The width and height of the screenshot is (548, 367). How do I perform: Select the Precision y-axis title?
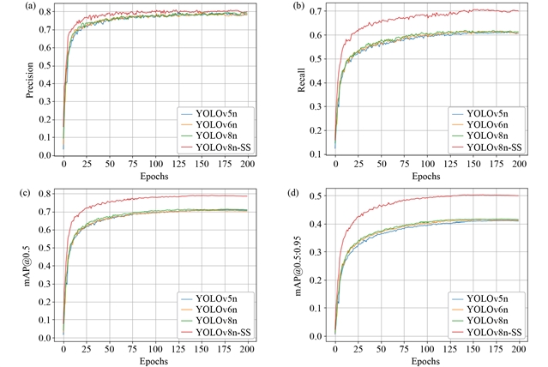click(x=29, y=81)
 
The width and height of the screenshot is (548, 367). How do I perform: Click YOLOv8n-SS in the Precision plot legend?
click(x=221, y=147)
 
